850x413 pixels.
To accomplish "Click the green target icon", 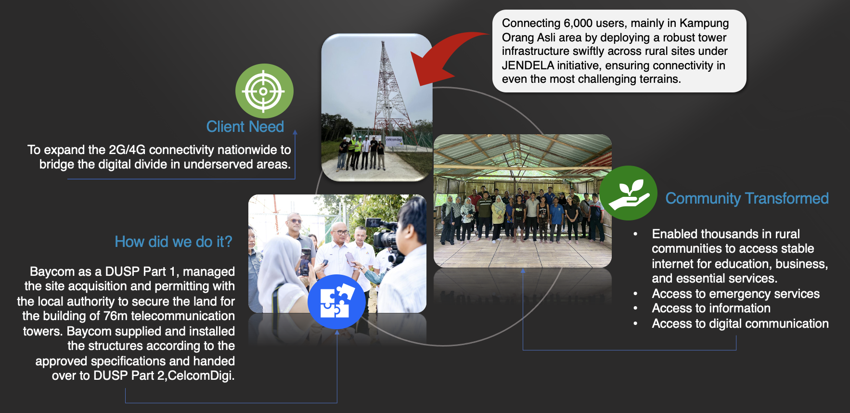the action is [x=264, y=91].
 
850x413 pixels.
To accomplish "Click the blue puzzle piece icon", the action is [x=336, y=302].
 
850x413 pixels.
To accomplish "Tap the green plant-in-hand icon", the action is [x=628, y=193].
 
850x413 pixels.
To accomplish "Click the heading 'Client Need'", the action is [x=245, y=127].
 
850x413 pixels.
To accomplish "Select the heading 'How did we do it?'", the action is [x=173, y=242].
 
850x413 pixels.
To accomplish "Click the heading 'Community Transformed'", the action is [x=747, y=198].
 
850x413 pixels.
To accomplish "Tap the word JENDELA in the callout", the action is [x=528, y=65].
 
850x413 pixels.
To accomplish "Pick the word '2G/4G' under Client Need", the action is [x=127, y=150].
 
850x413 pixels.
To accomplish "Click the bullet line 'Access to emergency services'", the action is [x=735, y=294].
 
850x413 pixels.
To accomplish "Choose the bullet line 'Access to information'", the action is [x=711, y=308].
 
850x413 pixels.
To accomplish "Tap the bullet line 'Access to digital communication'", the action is [x=740, y=323].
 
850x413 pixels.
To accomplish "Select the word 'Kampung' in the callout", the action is [x=704, y=23].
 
